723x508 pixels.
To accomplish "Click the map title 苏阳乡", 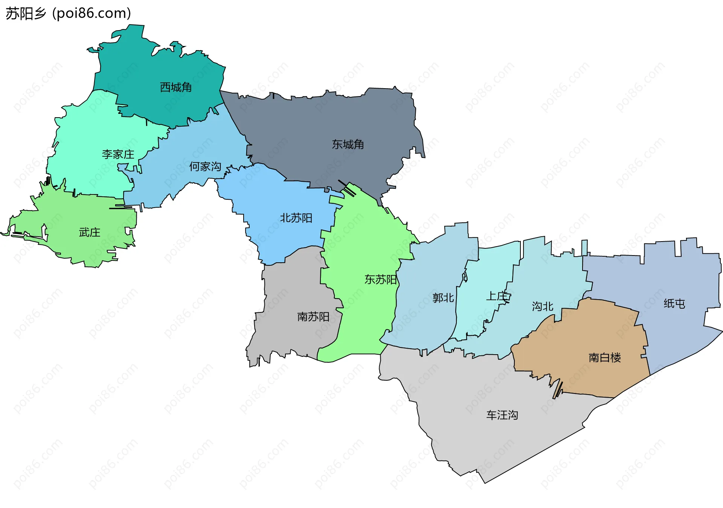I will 26,14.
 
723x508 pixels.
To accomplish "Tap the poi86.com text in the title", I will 92,14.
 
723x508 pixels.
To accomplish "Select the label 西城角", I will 176,87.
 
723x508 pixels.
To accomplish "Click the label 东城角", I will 348,144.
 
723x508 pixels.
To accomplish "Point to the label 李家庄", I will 118,155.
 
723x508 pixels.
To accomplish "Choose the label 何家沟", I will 205,167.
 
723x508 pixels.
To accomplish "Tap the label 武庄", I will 90,233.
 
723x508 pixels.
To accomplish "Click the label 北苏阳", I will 296,218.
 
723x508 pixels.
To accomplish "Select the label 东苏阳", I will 380,280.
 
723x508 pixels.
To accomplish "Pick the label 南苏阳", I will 313,317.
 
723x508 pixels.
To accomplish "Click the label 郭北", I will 443,298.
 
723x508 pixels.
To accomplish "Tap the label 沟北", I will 542,306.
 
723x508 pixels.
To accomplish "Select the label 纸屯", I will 674,304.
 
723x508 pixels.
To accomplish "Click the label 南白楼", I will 604,358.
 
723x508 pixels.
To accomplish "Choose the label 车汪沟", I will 502,415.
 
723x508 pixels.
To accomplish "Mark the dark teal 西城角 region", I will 151,64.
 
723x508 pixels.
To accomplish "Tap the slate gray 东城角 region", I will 320,121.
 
